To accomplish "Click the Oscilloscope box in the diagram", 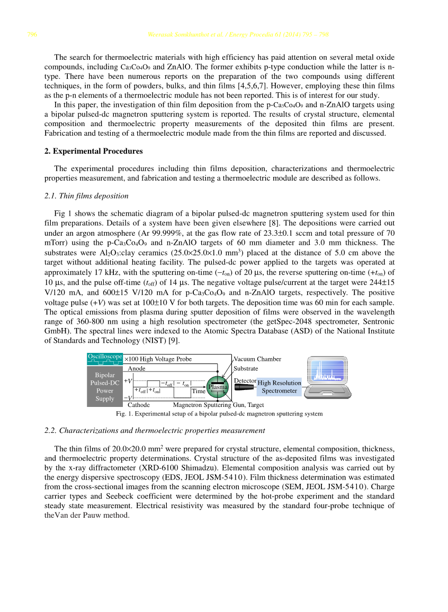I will pos(105,359).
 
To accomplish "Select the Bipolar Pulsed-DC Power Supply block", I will pos(105,386).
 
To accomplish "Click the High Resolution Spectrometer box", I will pos(279,387).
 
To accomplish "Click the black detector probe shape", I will pos(246,387).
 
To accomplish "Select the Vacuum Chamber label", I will pos(257,359).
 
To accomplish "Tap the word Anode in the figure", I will pos(137,368).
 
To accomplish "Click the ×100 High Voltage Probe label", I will pos(158,359).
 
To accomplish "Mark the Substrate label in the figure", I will pos(246,368).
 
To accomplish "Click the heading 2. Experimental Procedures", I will pos(93,151).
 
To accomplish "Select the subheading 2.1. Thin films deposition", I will pos(86,196).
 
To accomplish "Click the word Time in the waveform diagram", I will pos(199,391).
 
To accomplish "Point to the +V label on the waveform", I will pos(128,380).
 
